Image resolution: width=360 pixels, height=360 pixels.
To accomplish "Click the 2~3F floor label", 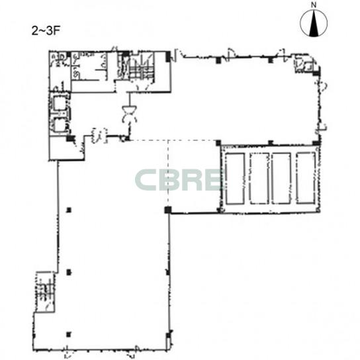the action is coord(46,30).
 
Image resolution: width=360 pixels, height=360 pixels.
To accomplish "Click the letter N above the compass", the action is coord(314,5).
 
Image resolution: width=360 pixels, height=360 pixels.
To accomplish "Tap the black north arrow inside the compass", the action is coord(314,24).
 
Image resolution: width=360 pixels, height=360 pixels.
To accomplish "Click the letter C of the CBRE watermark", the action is coord(146,180).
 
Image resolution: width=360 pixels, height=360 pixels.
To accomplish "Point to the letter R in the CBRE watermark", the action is coord(193,180).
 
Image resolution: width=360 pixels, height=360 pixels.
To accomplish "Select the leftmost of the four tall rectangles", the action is coord(235,179).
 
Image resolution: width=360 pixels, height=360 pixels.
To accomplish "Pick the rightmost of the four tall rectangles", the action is coord(306,178).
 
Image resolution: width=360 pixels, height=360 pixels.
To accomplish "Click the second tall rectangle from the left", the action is coord(259,179).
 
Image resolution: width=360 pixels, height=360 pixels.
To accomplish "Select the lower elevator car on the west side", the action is coord(60,125).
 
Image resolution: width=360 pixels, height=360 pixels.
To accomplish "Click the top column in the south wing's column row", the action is coord(69,210).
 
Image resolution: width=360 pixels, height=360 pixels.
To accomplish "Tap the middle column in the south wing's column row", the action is coord(69,272).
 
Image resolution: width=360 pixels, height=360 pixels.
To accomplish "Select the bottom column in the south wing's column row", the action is coord(69,334).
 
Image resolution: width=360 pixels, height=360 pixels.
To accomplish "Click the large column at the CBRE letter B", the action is coord(168,210).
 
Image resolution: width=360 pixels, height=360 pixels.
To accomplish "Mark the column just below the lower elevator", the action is coord(70,138).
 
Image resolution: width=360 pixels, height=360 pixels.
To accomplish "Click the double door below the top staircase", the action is coord(129,114).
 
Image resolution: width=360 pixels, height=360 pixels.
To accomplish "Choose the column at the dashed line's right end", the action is coord(218,142).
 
